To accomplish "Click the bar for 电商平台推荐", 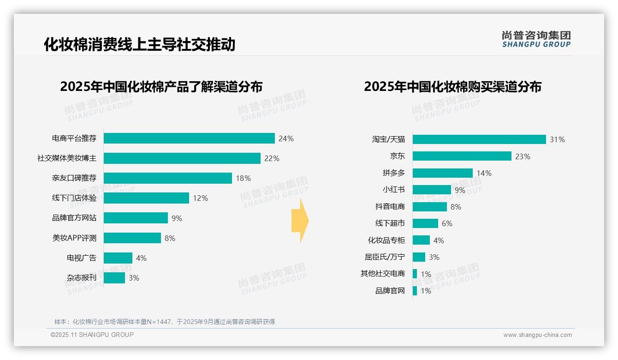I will click(189, 138).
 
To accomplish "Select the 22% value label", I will click(272, 158).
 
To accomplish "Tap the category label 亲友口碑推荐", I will click(74, 178).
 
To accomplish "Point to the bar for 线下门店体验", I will click(146, 198).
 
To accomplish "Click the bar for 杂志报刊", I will click(114, 278).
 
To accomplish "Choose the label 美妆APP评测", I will click(74, 238).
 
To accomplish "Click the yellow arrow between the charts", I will click(300, 221).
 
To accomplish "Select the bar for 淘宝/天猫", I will click(479, 139).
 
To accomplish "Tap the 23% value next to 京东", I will click(523, 156).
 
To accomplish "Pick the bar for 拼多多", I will click(442, 173).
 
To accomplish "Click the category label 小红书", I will click(393, 190).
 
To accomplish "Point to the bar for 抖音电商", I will click(429, 207).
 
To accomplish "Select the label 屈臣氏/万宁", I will click(385, 257).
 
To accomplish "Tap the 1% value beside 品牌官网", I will click(426, 291).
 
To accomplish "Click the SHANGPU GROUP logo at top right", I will click(536, 39).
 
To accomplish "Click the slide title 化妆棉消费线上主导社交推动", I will click(140, 45).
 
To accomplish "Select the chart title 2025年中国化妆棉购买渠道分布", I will click(452, 87).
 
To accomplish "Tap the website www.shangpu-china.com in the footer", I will click(537, 335).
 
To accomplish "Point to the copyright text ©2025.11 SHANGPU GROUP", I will click(92, 335).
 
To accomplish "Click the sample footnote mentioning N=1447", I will click(165, 322).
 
